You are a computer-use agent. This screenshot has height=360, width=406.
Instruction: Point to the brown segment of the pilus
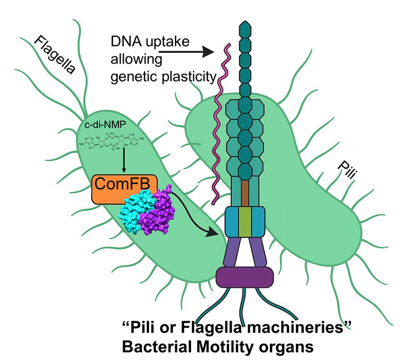coord(245,193)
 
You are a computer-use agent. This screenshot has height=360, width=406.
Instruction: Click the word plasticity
coord(188,76)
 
